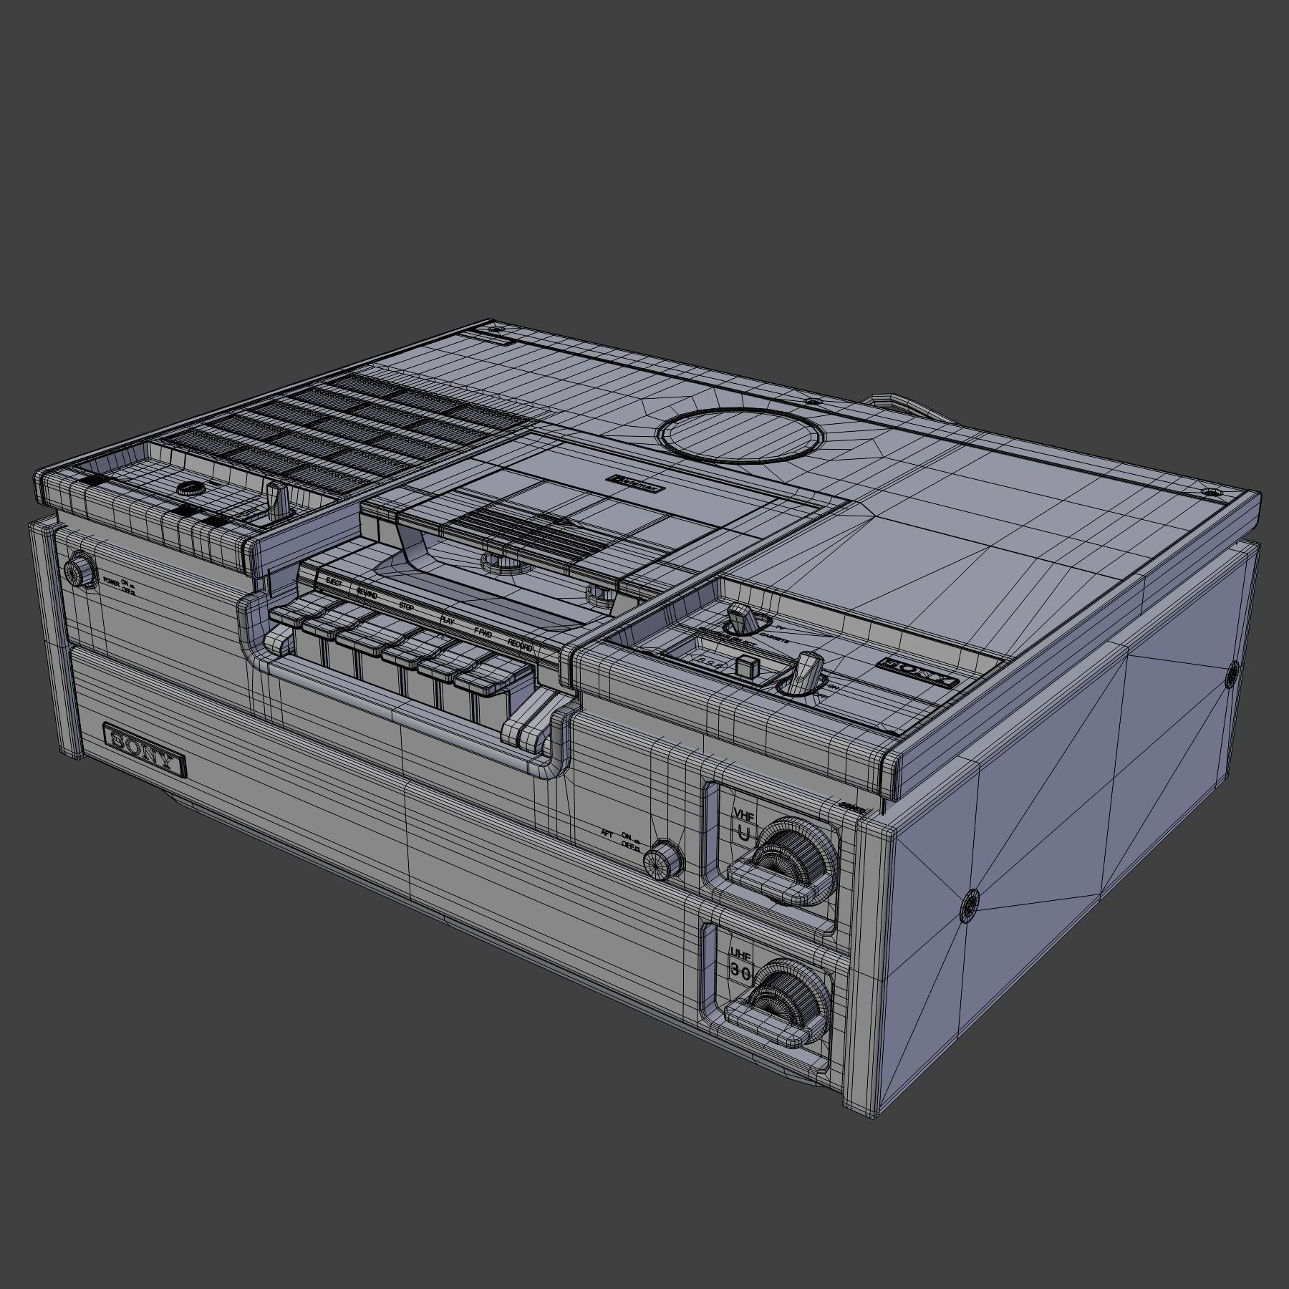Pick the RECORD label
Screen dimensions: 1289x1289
(x=520, y=644)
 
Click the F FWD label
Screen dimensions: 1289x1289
(x=483, y=632)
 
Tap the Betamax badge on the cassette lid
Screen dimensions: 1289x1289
(x=635, y=485)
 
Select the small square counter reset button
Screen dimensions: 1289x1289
(x=745, y=667)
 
